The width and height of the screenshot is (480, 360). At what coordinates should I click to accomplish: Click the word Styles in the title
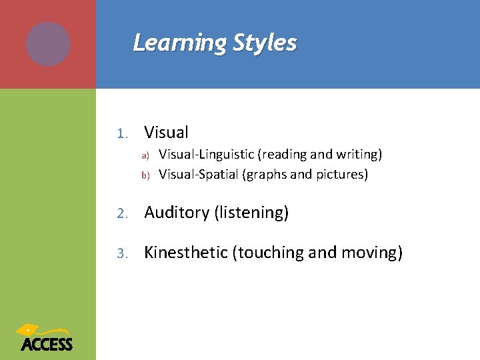[x=265, y=43]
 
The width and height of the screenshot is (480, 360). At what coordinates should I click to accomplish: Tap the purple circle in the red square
[x=48, y=44]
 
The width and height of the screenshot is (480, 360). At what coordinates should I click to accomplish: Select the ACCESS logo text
[x=47, y=344]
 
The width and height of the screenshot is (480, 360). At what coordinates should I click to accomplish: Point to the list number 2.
[x=121, y=213]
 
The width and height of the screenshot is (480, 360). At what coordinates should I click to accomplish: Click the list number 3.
[x=121, y=253]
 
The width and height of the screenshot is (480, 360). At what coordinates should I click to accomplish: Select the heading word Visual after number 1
[x=166, y=133]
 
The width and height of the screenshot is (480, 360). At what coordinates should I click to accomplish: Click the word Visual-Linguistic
[x=207, y=155]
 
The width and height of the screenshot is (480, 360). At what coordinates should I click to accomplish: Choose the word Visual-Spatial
[x=198, y=175]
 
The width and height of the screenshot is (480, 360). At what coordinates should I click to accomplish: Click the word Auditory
[x=177, y=213]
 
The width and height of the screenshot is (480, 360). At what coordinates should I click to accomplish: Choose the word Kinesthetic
[x=185, y=253]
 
